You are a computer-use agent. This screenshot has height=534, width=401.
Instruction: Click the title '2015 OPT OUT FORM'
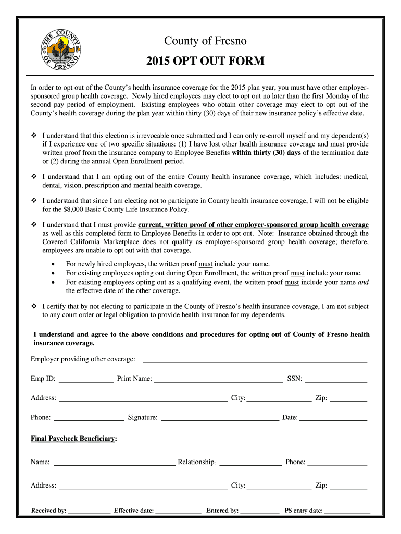pyautogui.click(x=205, y=62)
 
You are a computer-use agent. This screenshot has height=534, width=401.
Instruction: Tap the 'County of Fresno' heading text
pyautogui.click(x=205, y=41)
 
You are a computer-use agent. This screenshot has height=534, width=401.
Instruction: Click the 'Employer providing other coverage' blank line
pyautogui.click(x=255, y=359)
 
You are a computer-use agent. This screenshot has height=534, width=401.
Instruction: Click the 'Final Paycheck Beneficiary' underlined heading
pyautogui.click(x=73, y=439)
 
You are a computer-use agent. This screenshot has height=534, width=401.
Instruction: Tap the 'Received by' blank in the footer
pyautogui.click(x=89, y=512)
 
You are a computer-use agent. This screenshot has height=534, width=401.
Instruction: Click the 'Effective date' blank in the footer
pyautogui.click(x=178, y=512)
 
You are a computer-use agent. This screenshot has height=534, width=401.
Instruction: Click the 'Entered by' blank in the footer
pyautogui.click(x=260, y=512)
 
